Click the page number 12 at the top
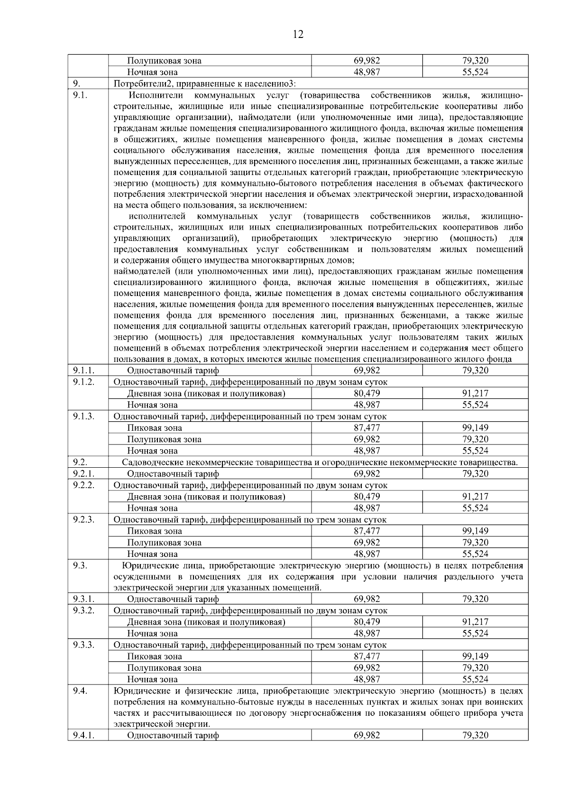pos(298,34)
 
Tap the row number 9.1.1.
pos(84,370)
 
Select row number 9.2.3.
pos(84,519)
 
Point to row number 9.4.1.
pos(84,735)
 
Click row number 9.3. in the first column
pos(80,565)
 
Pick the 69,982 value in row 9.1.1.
pos(367,370)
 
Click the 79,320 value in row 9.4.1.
pos(475,736)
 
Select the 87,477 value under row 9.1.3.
pos(367,428)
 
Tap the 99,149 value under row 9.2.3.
pos(475,531)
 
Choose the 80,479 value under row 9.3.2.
pos(367,622)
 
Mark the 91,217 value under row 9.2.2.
pos(475,497)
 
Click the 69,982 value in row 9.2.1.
pos(367,474)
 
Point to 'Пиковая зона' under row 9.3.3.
pos(155,657)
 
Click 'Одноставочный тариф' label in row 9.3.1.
pos(173,599)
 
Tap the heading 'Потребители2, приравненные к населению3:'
pos(205,84)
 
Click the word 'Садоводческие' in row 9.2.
pos(150,463)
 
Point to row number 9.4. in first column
pos(80,690)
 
